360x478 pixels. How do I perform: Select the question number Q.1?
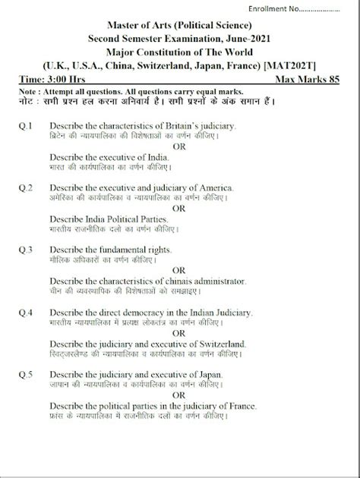click(x=25, y=124)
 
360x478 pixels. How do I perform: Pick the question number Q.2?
click(x=25, y=187)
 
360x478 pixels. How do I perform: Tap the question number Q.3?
click(x=25, y=249)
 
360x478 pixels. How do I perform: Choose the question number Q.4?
click(x=25, y=312)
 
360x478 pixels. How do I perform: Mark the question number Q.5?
click(x=25, y=374)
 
